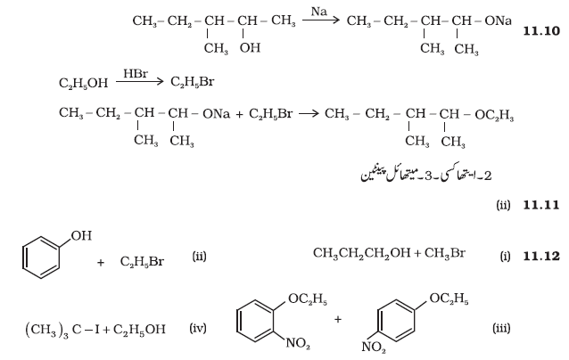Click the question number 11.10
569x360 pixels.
click(x=541, y=31)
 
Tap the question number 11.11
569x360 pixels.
click(x=541, y=205)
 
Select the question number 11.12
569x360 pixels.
click(x=541, y=257)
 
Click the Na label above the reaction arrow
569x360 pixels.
click(x=319, y=12)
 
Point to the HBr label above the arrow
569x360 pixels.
click(x=136, y=73)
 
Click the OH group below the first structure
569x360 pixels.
click(x=250, y=47)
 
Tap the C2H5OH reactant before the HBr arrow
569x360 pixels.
click(x=84, y=83)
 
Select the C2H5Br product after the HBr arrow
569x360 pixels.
click(x=193, y=82)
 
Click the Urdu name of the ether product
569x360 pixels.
click(x=426, y=175)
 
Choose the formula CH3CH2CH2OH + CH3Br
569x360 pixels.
click(x=389, y=253)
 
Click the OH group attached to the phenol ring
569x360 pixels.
click(x=81, y=235)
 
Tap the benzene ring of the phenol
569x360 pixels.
click(x=41, y=258)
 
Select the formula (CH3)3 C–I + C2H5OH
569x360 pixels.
click(x=95, y=330)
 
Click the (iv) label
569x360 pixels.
click(x=198, y=328)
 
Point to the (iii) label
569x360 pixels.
click(x=501, y=328)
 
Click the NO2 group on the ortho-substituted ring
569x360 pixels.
click(x=298, y=343)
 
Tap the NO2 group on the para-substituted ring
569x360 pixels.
click(x=374, y=348)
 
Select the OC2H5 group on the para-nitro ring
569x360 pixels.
click(x=449, y=299)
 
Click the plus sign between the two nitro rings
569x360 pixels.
click(x=338, y=319)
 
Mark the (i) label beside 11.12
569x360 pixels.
click(x=505, y=257)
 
